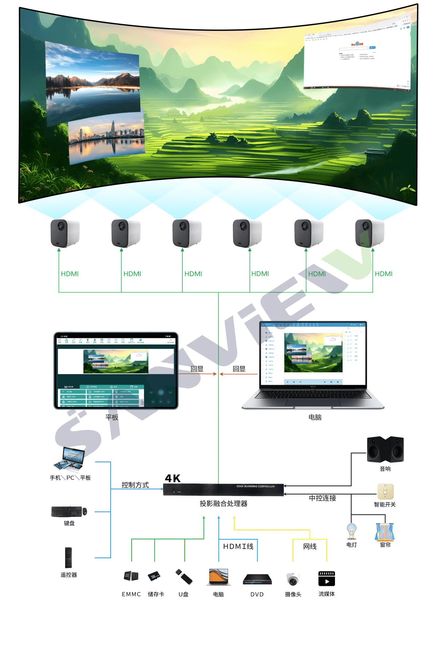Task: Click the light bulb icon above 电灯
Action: [x=352, y=531]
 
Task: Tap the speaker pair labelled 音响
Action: [x=385, y=449]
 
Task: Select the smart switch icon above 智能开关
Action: [x=385, y=491]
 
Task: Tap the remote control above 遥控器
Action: [x=69, y=557]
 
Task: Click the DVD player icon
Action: [x=257, y=579]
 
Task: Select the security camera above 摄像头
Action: [x=293, y=579]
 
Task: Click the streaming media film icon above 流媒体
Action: [x=326, y=578]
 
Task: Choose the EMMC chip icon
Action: [x=131, y=576]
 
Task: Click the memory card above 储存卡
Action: [x=154, y=576]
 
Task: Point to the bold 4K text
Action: [x=173, y=478]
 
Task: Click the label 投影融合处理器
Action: [x=223, y=504]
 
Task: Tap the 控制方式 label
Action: [x=135, y=485]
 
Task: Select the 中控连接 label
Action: [x=322, y=498]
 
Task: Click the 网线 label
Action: [x=309, y=547]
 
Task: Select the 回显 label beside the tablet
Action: [x=197, y=369]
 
